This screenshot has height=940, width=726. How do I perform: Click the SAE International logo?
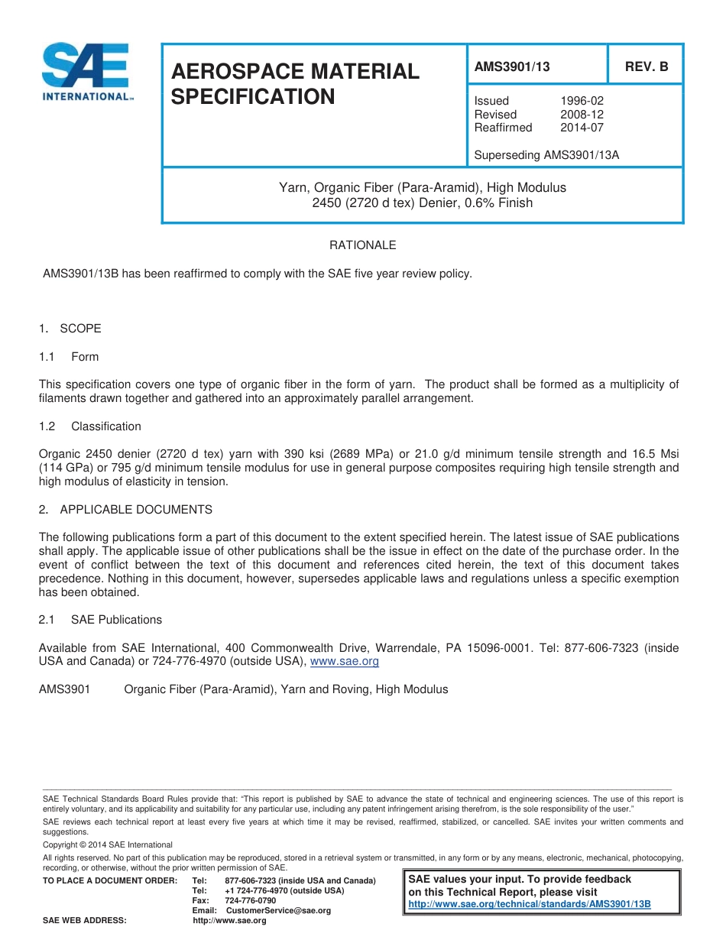point(85,72)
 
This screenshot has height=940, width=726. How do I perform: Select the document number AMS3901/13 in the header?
point(512,66)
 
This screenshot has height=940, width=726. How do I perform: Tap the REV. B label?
point(647,66)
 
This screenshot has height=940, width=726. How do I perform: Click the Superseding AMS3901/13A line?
point(546,155)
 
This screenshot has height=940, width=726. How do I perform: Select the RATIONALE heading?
point(363,245)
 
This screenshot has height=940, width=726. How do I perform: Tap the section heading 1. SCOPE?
point(70,329)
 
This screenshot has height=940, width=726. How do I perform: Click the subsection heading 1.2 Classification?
point(90,426)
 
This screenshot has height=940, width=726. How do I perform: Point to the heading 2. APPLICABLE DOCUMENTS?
point(125,510)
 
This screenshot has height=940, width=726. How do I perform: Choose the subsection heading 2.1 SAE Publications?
point(100,620)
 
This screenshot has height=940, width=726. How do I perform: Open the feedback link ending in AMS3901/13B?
point(530,904)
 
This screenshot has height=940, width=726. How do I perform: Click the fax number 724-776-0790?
point(251,901)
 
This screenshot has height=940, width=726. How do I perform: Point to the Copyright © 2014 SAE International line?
point(108,844)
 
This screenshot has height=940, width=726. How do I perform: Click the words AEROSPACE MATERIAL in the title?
point(296,72)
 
